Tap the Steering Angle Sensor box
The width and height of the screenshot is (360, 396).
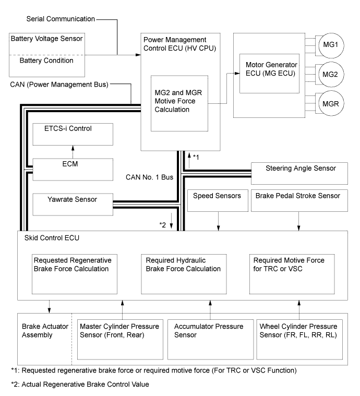(299, 172)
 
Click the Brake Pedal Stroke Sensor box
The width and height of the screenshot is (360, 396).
(299, 200)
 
